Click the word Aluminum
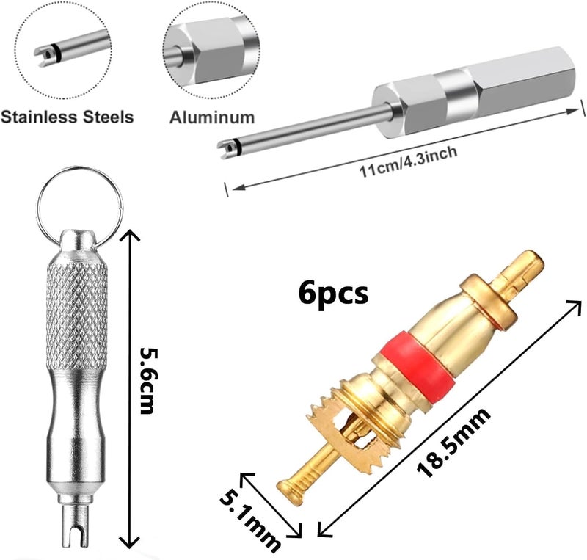212,117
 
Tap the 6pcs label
333,294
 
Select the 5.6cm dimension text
147,381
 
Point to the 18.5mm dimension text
453,442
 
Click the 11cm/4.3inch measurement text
408,161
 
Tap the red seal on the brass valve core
418,363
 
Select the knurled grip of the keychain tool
77,315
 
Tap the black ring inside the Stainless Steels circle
56,52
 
